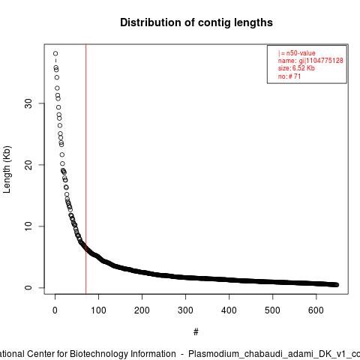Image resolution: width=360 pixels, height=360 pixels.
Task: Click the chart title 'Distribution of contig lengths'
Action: click(196, 22)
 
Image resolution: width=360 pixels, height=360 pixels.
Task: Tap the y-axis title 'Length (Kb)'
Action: click(7, 169)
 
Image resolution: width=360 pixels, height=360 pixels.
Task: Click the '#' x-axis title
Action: click(196, 332)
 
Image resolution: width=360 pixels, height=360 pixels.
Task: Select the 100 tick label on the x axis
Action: click(98, 310)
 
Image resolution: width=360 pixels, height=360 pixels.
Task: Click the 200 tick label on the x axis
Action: click(142, 310)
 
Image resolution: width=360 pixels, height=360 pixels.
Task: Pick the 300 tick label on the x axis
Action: click(185, 310)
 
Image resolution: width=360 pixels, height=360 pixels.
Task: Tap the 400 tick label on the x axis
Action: click(229, 310)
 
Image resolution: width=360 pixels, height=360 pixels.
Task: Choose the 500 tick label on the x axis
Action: click(272, 310)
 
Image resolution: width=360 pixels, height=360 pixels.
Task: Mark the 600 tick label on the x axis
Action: click(316, 310)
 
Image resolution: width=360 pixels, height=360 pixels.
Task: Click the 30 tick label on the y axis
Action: click(28, 103)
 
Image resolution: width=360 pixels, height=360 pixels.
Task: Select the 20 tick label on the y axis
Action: click(28, 165)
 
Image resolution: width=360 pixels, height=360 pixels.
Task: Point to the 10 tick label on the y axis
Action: click(28, 226)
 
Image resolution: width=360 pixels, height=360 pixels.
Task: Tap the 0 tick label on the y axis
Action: click(28, 287)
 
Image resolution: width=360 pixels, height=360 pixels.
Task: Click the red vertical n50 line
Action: click(85, 169)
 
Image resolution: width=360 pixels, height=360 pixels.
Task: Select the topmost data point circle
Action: click(55, 53)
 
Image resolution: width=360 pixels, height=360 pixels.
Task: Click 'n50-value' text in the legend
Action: click(301, 53)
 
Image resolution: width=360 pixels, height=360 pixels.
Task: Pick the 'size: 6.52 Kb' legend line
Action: click(296, 68)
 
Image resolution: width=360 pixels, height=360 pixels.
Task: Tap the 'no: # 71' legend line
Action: click(289, 76)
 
